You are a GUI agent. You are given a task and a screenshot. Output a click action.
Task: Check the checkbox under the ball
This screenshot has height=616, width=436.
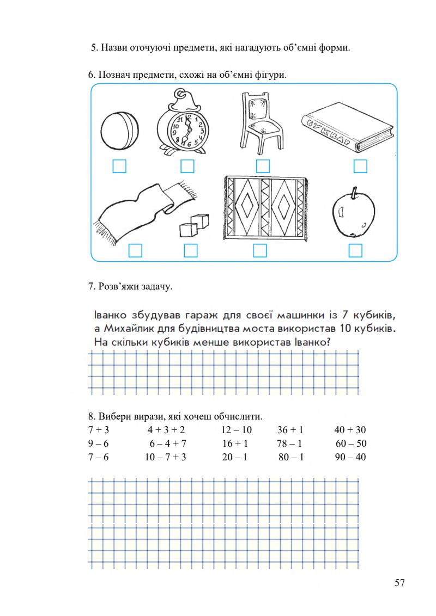(119, 166)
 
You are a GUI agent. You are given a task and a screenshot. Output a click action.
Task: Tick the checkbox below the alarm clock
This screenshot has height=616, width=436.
(187, 166)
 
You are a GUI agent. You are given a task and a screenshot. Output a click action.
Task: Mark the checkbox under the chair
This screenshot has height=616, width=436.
(263, 166)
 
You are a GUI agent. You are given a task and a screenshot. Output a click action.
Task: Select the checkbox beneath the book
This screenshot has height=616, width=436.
(360, 166)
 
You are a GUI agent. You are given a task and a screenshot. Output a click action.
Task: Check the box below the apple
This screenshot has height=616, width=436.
(355, 250)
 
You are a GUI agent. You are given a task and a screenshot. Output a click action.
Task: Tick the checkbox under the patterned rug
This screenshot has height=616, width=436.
(260, 250)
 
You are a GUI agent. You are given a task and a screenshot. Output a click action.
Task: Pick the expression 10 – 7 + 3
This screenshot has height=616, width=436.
(166, 457)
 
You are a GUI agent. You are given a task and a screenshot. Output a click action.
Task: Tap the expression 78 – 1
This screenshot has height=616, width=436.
(289, 443)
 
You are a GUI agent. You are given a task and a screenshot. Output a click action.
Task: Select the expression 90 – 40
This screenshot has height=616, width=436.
(350, 457)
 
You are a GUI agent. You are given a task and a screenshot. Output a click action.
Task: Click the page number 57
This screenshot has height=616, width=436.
(399, 583)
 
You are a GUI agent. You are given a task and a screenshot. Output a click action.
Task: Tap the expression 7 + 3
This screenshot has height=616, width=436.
(99, 430)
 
